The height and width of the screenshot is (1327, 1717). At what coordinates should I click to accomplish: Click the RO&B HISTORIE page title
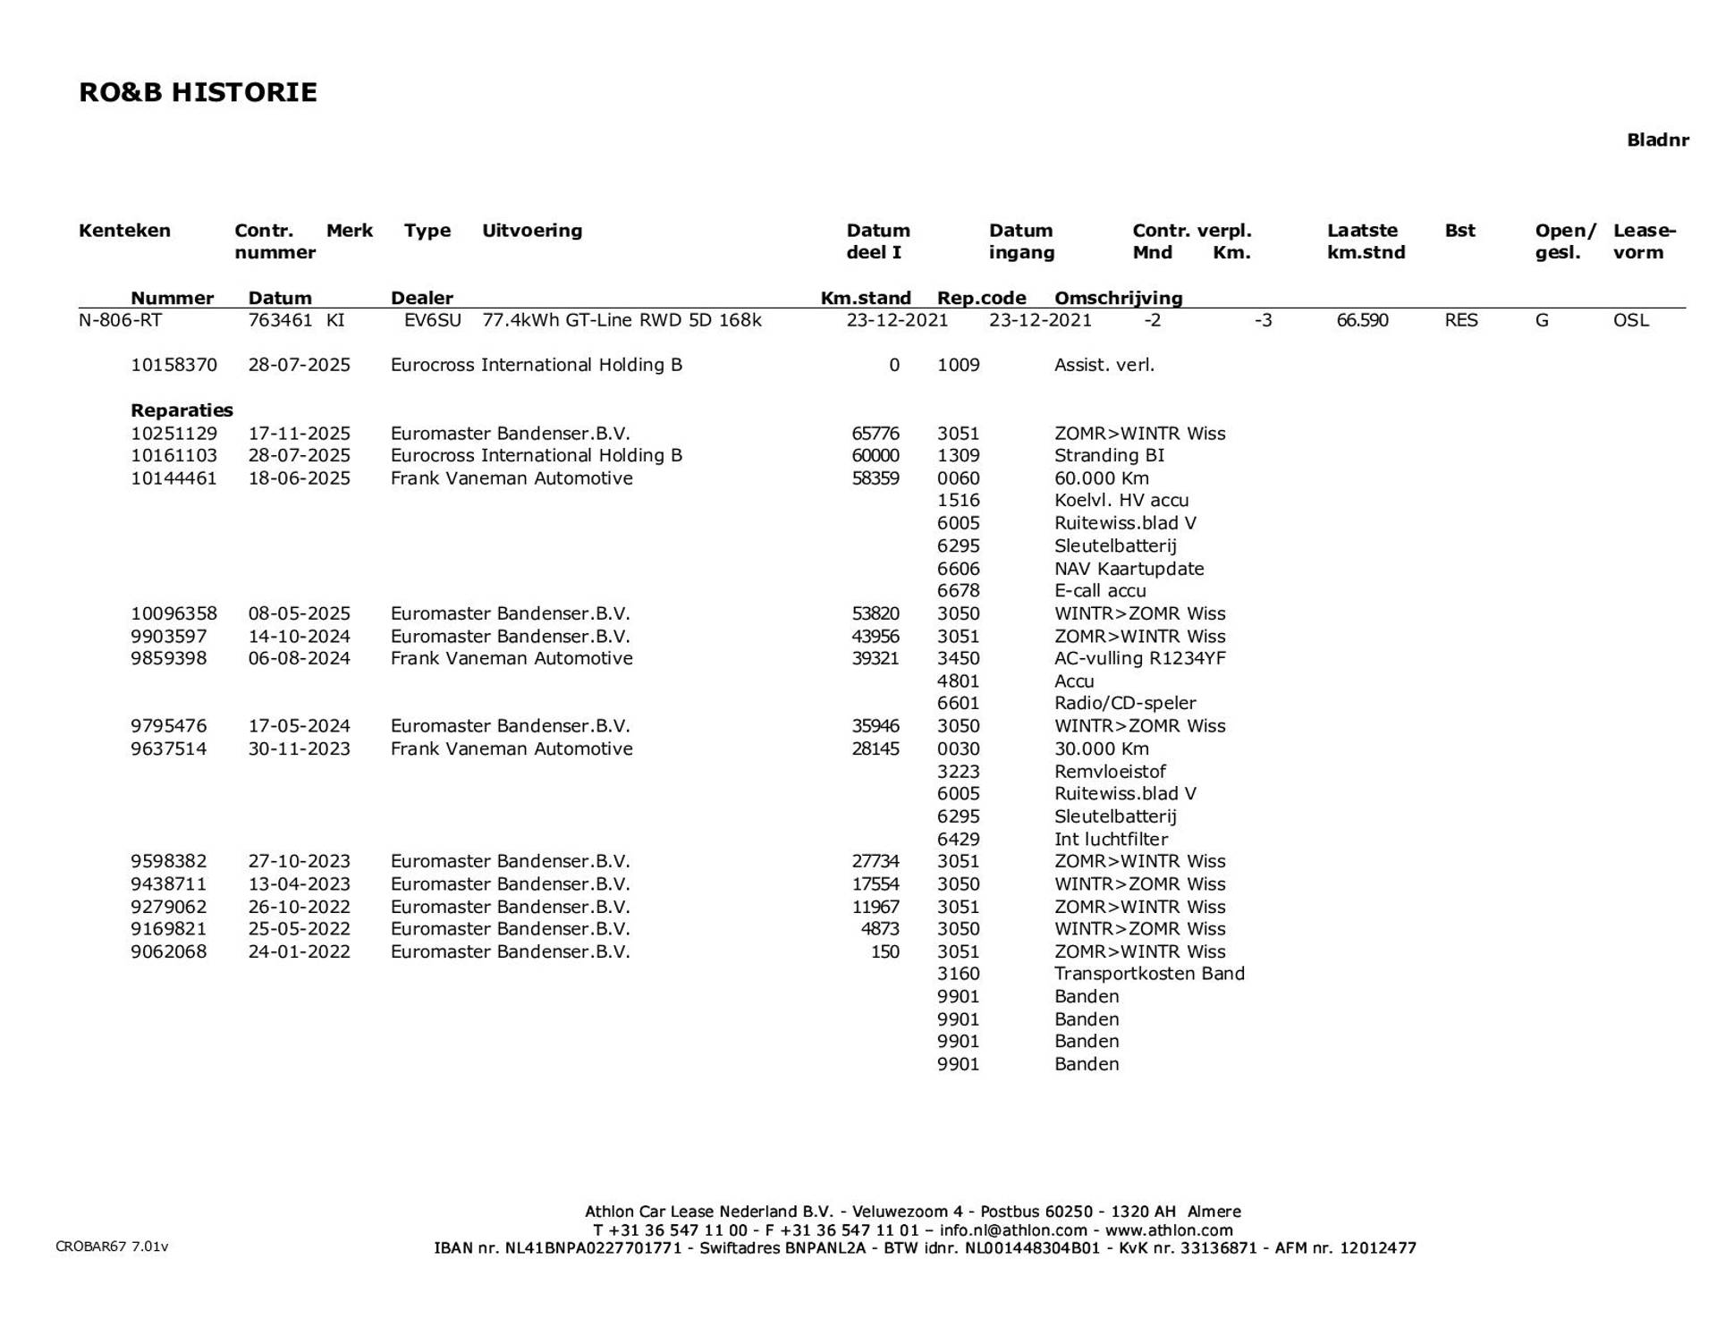click(198, 93)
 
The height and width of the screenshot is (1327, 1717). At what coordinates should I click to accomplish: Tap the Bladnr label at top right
click(1657, 140)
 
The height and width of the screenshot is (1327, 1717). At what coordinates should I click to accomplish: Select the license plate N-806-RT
click(120, 320)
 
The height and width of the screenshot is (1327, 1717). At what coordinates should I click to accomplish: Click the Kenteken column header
click(124, 231)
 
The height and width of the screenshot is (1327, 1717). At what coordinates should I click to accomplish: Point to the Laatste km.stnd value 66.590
click(1362, 320)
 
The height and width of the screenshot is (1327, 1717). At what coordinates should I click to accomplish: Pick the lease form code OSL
click(1630, 320)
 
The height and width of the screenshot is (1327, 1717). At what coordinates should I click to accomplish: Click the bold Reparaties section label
click(182, 410)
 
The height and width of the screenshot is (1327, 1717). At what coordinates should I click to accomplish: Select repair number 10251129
click(173, 434)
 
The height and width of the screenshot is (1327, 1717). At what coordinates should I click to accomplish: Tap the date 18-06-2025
click(299, 478)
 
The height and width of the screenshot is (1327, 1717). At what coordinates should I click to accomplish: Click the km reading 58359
click(875, 478)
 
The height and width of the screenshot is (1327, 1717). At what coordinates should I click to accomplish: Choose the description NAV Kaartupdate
click(1129, 569)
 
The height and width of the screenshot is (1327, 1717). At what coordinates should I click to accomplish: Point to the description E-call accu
click(1099, 591)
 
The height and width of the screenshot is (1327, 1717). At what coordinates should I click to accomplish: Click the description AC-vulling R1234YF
click(1139, 659)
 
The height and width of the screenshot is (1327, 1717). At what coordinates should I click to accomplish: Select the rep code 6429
click(958, 840)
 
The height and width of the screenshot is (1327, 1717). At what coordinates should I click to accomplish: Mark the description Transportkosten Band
click(1149, 974)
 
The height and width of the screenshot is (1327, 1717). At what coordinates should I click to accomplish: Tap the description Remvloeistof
click(1110, 772)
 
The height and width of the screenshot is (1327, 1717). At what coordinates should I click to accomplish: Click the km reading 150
click(884, 952)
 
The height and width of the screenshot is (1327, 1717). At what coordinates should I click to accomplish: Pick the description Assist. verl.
click(1104, 365)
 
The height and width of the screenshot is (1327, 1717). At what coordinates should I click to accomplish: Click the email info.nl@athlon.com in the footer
click(1012, 1230)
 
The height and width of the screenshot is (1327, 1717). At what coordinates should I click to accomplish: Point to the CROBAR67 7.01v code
click(112, 1247)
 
